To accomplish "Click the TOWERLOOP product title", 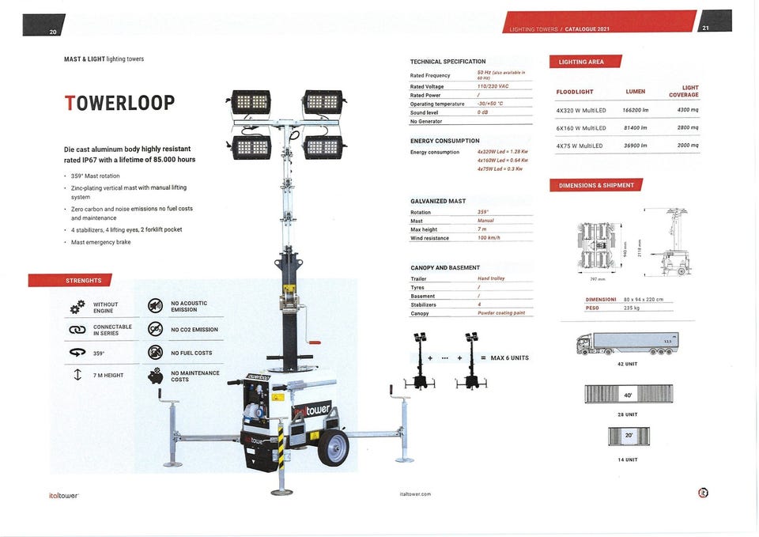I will [x=119, y=103].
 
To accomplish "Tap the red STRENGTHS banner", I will [x=70, y=280].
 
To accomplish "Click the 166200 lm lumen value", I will [x=635, y=110].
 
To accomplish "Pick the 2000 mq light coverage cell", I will [x=688, y=146].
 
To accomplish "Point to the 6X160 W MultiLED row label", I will [x=581, y=128].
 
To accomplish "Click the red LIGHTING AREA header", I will [x=585, y=62].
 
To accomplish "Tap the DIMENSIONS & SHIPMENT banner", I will [x=595, y=185].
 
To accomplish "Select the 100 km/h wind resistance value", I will [x=490, y=238].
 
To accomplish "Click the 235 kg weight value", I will [x=630, y=308].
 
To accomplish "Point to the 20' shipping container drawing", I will [x=629, y=436].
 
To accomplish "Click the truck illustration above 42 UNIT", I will [x=628, y=343].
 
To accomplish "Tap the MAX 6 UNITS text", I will [x=509, y=358].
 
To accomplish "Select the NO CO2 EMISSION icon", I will [x=156, y=329].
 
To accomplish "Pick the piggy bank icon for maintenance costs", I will [x=156, y=376].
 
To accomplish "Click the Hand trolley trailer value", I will [x=491, y=278].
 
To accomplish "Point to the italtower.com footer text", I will [x=416, y=494].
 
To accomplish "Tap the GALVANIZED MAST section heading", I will [x=438, y=201].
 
